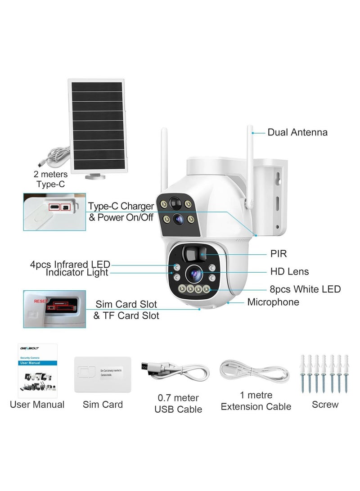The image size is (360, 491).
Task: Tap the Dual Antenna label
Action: pos(297,132)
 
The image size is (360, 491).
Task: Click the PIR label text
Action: pos(279,254)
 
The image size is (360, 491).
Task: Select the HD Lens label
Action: pos(289,271)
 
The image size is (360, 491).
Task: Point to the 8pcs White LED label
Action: pos(306,289)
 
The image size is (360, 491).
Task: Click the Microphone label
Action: pos(273,302)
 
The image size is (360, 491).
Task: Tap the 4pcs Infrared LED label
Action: pos(70,264)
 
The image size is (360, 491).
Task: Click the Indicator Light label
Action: pos(77,273)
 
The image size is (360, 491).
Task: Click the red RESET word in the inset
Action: pos(40,298)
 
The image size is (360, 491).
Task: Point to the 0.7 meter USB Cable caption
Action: pos(178,404)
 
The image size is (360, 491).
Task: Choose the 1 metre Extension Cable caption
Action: pos(256,401)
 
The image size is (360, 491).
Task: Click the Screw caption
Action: pos(325,405)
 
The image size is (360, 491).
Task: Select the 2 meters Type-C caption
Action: pos(50,179)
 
